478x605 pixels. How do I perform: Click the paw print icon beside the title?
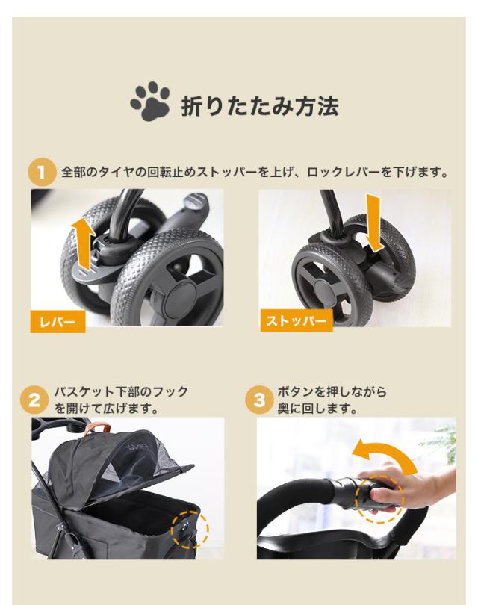tap(153, 103)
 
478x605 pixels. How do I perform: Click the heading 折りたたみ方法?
tap(260, 105)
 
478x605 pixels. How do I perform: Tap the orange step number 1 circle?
tap(42, 173)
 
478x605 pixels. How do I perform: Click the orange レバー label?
tap(58, 322)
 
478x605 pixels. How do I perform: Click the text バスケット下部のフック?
tap(120, 392)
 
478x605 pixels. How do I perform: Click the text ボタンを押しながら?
tap(332, 392)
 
